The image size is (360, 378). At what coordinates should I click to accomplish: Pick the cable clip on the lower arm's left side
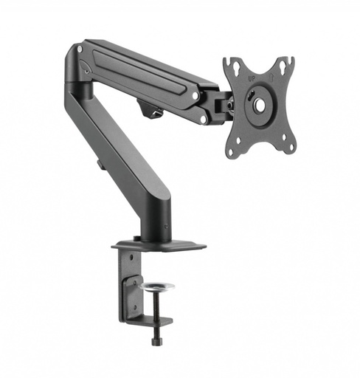101,162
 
